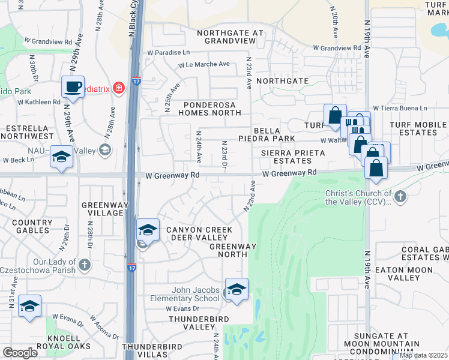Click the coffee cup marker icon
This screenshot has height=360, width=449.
[x=73, y=86]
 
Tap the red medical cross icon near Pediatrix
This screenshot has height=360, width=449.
[x=119, y=88]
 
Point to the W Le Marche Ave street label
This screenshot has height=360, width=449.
[x=203, y=65]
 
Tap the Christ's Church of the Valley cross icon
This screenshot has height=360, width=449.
[x=400, y=196]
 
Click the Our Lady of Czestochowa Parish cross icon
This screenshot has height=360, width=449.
[x=84, y=263]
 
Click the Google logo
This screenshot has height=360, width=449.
[x=20, y=352]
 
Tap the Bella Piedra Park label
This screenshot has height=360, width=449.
[x=275, y=134]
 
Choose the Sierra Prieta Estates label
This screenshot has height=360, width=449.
[x=292, y=157]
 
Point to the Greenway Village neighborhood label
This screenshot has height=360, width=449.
[x=102, y=208]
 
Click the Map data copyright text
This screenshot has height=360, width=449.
[x=423, y=355]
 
